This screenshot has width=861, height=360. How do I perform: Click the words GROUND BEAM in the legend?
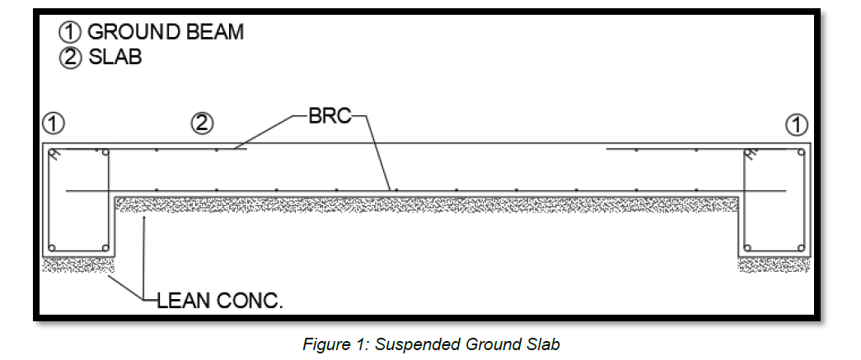165,32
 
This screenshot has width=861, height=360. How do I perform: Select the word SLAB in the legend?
115,58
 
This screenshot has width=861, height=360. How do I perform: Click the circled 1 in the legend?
69,33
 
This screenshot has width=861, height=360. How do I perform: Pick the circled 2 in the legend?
69,59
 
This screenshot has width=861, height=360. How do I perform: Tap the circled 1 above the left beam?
53,124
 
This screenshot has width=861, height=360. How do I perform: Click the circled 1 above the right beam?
797,124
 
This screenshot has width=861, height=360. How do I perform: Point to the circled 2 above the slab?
202,124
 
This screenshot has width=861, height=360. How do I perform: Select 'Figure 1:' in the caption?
336,344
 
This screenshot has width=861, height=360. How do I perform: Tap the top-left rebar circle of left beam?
53,153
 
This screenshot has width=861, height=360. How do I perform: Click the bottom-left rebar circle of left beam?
53,246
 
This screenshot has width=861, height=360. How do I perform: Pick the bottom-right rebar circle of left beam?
105,246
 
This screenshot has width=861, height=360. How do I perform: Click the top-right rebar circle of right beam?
799,153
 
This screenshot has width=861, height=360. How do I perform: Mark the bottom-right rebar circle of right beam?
799,246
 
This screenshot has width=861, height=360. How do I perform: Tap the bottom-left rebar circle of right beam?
748,246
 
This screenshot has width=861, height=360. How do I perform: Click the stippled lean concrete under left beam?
78,264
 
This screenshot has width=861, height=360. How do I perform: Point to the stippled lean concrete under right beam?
774,264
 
